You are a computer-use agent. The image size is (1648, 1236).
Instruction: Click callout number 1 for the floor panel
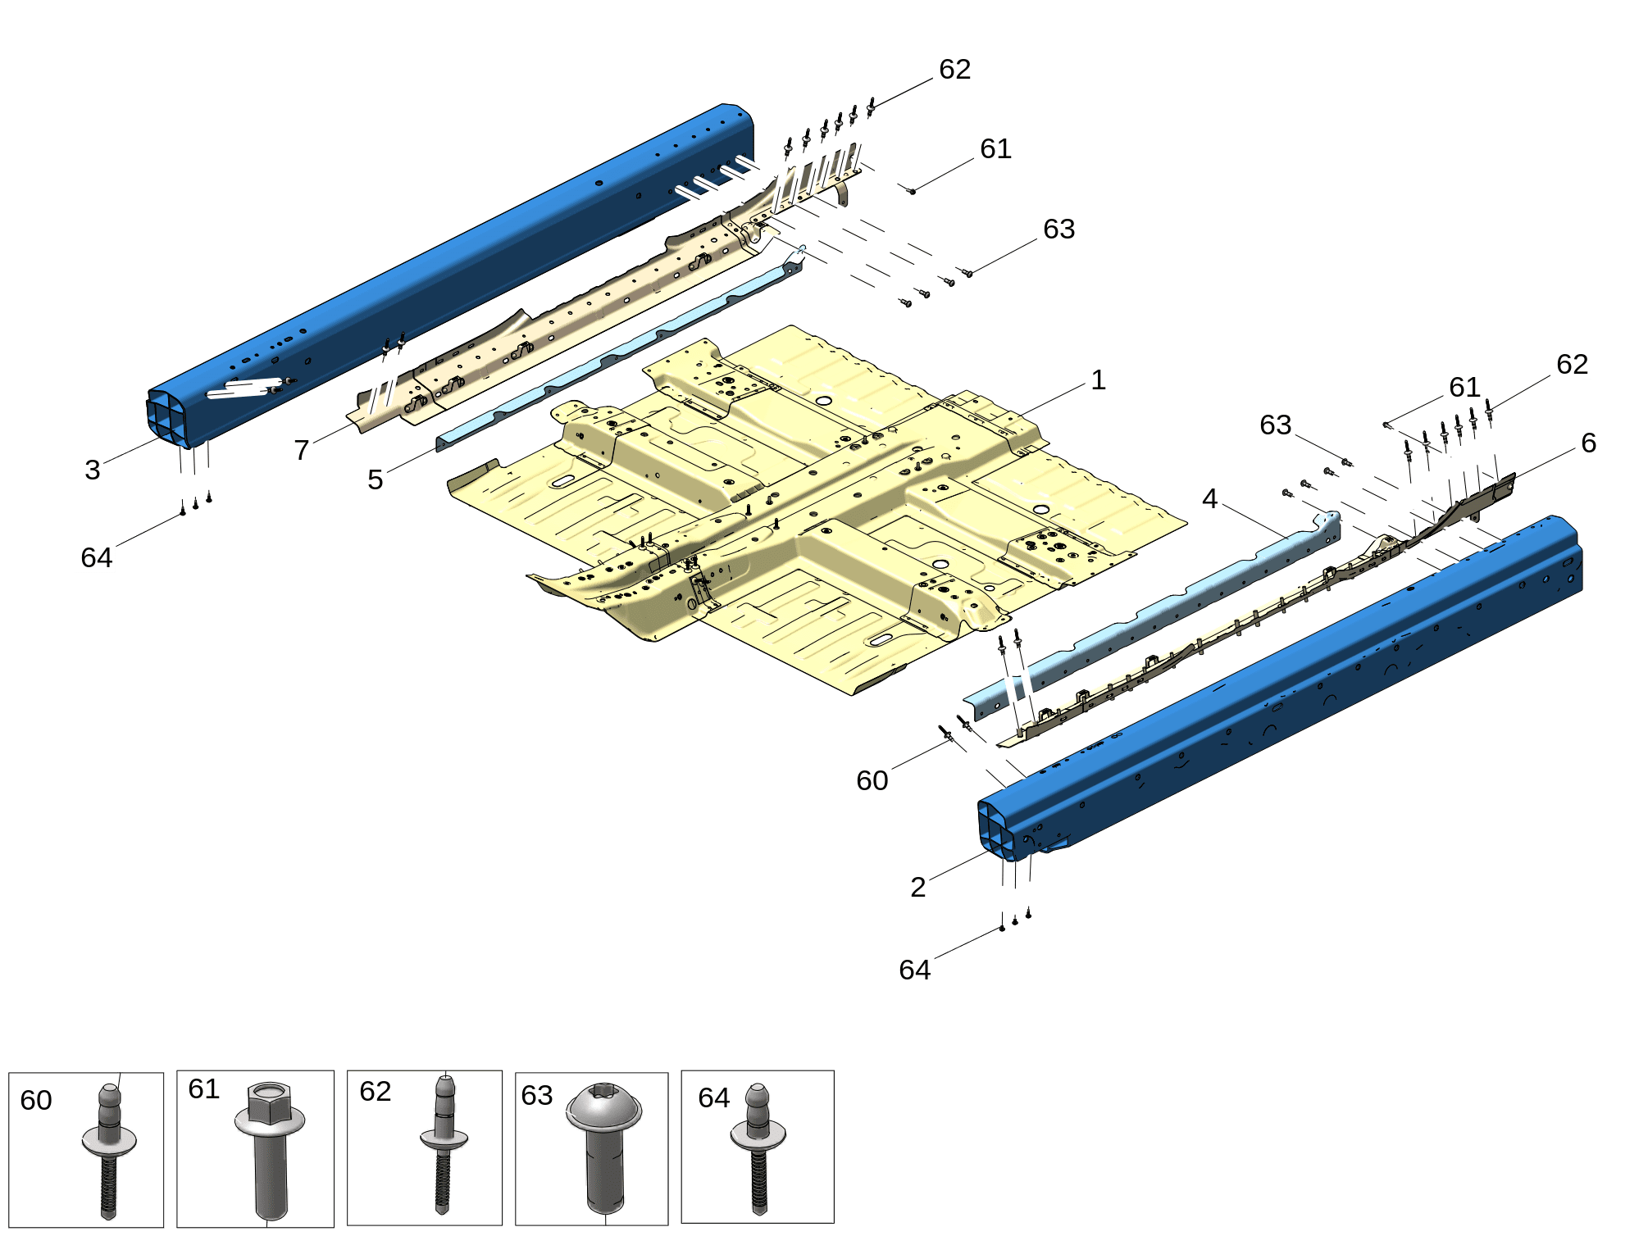(1098, 380)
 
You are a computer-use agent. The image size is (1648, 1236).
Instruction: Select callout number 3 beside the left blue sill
(93, 470)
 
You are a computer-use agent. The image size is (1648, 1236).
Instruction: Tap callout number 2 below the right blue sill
(918, 887)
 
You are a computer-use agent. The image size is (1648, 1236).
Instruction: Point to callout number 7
(302, 450)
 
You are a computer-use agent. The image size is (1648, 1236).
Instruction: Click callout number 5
(376, 479)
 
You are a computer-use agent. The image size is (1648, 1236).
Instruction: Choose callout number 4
(1210, 498)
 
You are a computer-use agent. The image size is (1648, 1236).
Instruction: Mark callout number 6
(1589, 443)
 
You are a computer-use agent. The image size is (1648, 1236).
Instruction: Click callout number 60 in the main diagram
(872, 780)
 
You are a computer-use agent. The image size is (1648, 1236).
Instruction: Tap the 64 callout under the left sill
(97, 557)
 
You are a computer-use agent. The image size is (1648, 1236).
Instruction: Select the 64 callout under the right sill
(915, 970)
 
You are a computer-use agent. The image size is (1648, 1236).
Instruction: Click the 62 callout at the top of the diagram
(955, 69)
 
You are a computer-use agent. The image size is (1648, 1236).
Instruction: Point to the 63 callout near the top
(1059, 229)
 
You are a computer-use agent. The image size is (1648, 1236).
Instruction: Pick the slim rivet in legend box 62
(444, 1144)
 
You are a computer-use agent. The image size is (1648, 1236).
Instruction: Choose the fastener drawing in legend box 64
(758, 1148)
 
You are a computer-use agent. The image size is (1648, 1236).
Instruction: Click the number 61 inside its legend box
(204, 1088)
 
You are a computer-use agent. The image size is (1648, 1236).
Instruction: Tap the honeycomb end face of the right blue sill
(997, 829)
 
